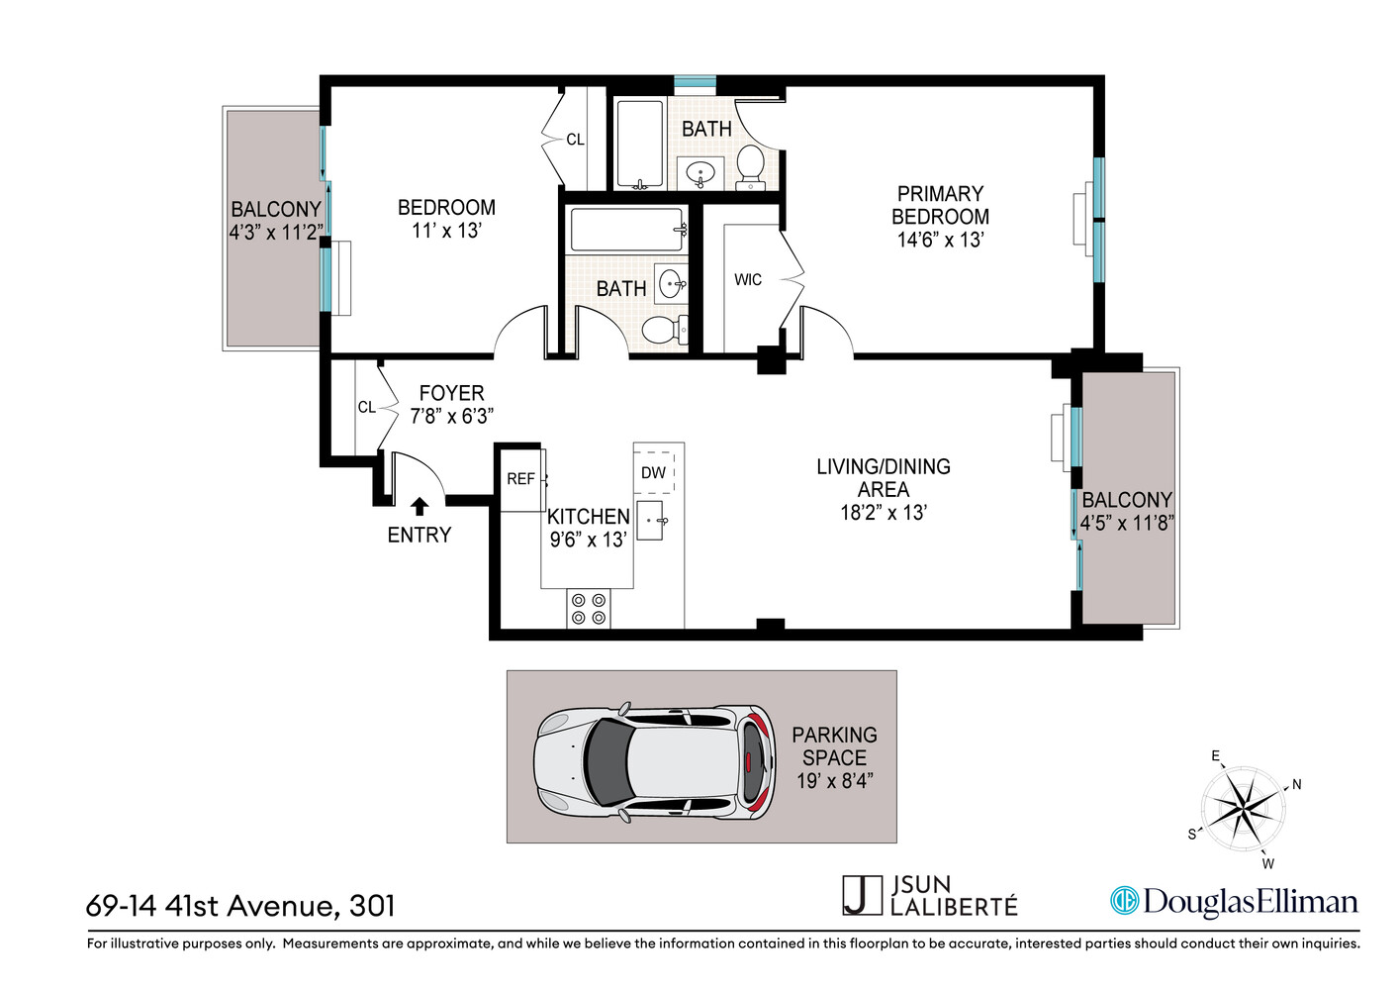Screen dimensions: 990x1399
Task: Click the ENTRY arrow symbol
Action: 419,506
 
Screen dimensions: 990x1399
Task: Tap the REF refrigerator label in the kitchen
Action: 520,479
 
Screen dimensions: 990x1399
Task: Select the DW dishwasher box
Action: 653,473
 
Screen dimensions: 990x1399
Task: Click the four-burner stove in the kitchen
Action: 589,608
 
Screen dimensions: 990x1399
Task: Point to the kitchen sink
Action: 650,521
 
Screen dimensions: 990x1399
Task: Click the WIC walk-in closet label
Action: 748,280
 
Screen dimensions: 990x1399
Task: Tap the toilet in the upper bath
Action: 751,165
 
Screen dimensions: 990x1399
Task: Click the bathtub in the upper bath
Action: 640,145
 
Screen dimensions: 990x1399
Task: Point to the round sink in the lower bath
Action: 673,283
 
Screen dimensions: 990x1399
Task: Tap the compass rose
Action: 1243,808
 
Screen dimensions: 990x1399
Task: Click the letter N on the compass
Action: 1296,784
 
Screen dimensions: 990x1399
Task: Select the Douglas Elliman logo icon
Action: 1124,901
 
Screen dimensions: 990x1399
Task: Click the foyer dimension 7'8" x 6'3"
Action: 451,417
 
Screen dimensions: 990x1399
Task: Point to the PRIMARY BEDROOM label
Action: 940,205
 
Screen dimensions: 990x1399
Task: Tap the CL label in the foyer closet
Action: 366,407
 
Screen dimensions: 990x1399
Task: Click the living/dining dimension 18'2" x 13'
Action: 883,513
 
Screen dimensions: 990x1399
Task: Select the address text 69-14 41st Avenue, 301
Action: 240,906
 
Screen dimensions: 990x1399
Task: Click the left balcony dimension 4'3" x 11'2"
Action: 275,233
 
